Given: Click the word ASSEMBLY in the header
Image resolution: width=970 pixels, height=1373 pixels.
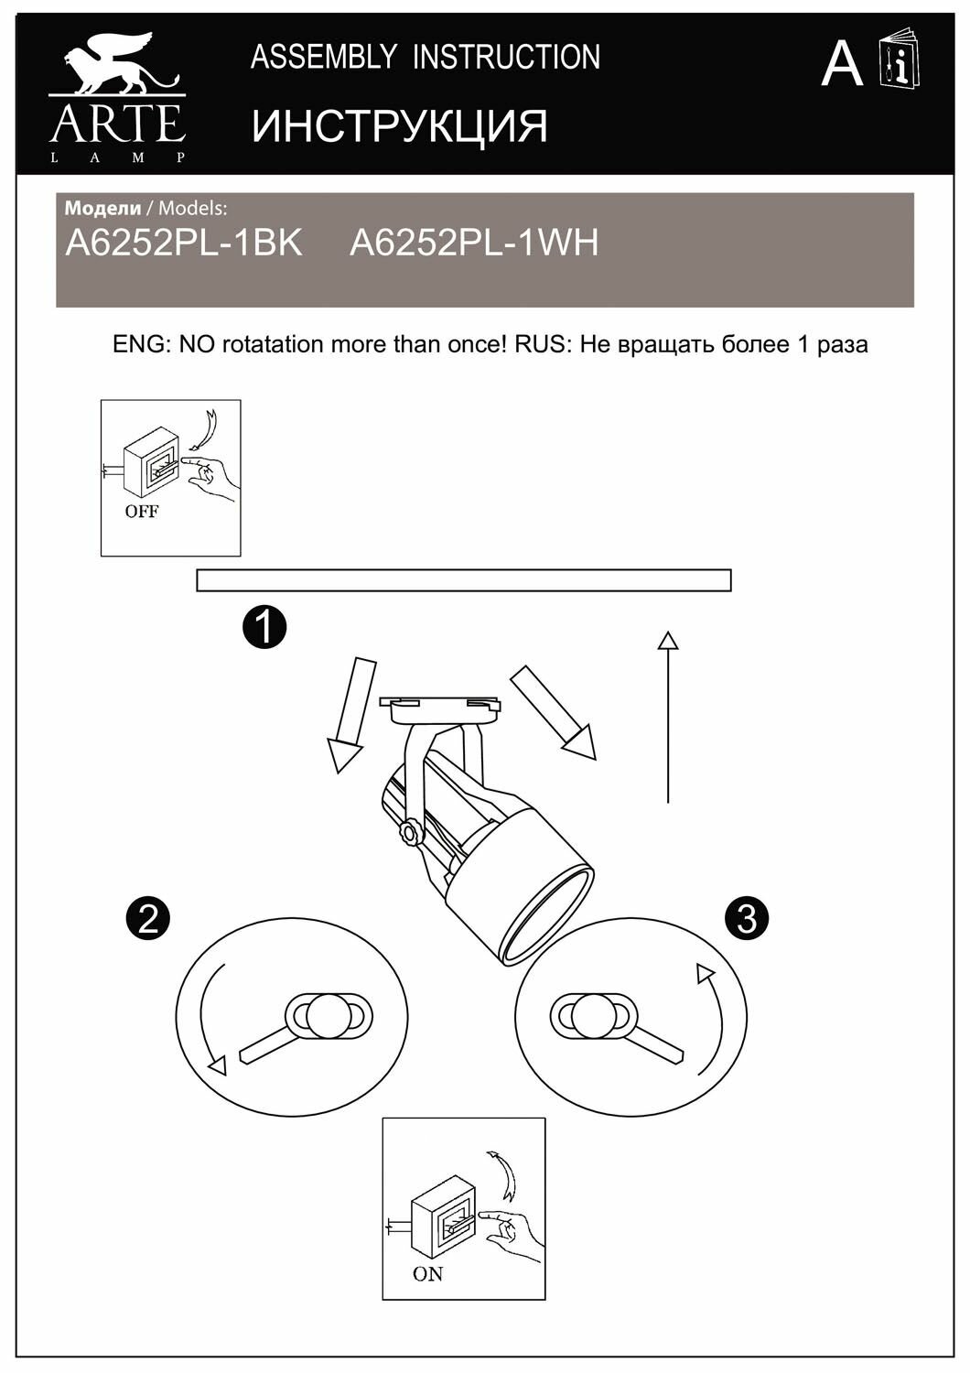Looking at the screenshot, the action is [x=323, y=57].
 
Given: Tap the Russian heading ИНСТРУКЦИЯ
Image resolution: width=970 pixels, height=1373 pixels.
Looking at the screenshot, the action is [x=400, y=125].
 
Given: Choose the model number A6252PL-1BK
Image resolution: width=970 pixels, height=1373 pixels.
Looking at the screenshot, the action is [x=184, y=243].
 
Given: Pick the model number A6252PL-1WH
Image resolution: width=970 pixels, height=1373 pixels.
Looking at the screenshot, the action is [x=474, y=243].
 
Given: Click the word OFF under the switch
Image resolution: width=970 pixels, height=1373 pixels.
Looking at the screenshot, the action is [x=141, y=511].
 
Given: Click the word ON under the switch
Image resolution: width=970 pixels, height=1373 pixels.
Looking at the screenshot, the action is [x=427, y=1273].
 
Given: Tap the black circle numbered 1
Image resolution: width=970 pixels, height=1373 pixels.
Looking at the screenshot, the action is [x=264, y=627].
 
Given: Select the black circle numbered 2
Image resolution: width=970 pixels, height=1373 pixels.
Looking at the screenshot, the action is [x=149, y=917].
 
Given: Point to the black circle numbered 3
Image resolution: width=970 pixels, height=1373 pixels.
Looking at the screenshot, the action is [x=747, y=917].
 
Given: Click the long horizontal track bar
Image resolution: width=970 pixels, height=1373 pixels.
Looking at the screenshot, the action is [x=463, y=580].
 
